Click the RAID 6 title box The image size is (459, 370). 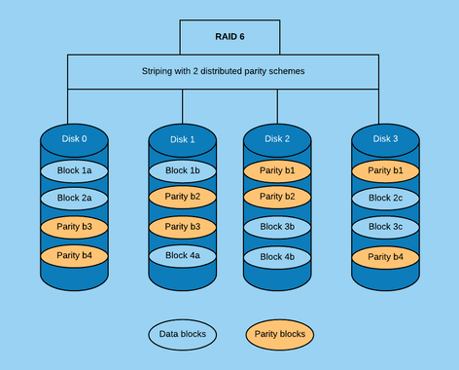(x=229, y=36)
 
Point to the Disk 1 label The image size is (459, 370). (x=182, y=139)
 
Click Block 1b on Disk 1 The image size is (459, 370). (x=182, y=170)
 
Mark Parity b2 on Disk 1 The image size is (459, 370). (x=182, y=197)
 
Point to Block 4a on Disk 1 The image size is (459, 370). (x=182, y=255)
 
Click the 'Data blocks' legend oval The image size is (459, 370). (x=183, y=334)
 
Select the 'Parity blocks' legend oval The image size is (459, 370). (x=281, y=334)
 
